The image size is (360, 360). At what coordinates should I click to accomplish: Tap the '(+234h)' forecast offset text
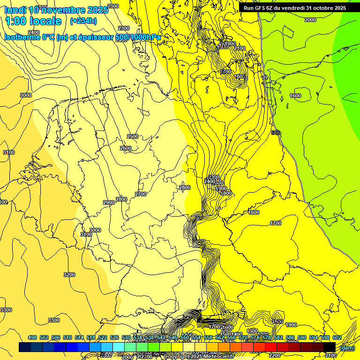pyautogui.click(x=83, y=21)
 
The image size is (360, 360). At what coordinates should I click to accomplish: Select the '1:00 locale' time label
pyautogui.click(x=33, y=21)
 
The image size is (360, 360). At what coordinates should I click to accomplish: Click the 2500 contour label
pyautogui.click(x=133, y=136)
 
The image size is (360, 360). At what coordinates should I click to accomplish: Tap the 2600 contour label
pyautogui.click(x=126, y=148)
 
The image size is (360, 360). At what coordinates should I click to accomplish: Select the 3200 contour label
pyautogui.click(x=69, y=275)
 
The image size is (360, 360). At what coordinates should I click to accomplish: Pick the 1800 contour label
pyautogui.click(x=226, y=193)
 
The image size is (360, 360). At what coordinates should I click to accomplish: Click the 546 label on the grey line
pyautogui.click(x=276, y=133)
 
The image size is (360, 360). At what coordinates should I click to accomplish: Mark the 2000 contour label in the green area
pyautogui.click(x=310, y=20)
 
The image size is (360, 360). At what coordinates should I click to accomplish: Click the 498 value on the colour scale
pyautogui.click(x=32, y=337)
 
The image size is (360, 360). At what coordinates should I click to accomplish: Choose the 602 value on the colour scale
pyautogui.click(x=337, y=337)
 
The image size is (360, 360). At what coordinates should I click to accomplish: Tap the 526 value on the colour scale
pyautogui.click(x=114, y=337)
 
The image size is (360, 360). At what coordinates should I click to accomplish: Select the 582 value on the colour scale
pyautogui.click(x=278, y=337)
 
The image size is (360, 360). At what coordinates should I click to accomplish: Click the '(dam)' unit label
pyautogui.click(x=347, y=348)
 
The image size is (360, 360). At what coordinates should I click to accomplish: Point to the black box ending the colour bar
pyautogui.click(x=330, y=347)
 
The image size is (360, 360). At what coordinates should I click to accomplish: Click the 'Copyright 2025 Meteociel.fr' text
pyautogui.click(x=198, y=356)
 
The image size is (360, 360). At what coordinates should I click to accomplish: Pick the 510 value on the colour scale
pyautogui.click(x=67, y=337)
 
